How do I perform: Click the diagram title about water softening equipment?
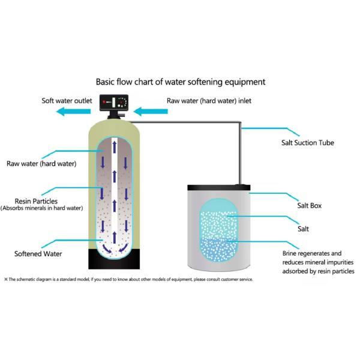[181, 81]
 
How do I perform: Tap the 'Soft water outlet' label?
[65, 100]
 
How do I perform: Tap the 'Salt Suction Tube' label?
[308, 143]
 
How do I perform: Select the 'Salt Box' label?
[310, 205]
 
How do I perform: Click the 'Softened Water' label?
[38, 254]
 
